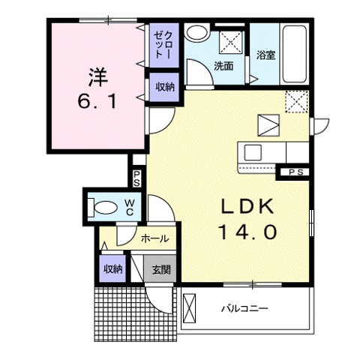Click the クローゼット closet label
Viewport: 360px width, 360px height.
coord(163,45)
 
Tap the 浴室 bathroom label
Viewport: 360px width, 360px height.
coord(266,55)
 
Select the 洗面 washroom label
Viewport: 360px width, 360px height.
coord(223,66)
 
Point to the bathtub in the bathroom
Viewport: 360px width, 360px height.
coord(295,54)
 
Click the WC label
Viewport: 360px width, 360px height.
coord(130,207)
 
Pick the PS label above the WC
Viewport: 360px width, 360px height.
coord(136,178)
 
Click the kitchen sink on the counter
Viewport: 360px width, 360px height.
coord(253,153)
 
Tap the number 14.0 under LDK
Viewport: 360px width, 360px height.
coord(248,231)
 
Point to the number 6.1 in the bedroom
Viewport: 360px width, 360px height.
coord(97,101)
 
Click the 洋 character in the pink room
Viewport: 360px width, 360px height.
coord(97,77)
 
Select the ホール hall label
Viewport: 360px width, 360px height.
coord(155,238)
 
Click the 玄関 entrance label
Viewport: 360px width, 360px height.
coord(161,269)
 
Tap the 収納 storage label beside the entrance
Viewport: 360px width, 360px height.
coord(113,269)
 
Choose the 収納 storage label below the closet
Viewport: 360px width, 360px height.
coord(165,87)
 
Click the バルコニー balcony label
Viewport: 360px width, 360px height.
coord(244,308)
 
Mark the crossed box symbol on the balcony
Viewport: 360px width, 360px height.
coord(189,309)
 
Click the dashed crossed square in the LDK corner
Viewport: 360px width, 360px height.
coord(296,101)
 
